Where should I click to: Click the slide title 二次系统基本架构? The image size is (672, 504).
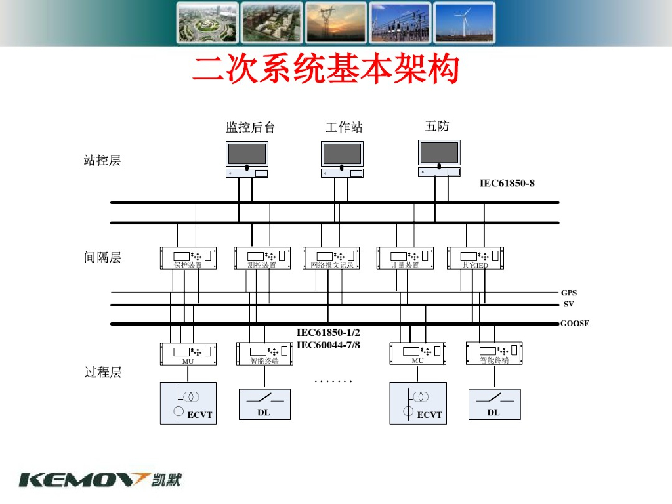(325, 70)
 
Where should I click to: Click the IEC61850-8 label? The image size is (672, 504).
(507, 183)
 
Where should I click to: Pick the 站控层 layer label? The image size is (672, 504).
(102, 160)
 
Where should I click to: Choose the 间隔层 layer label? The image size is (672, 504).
(102, 257)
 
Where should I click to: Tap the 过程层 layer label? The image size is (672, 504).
(102, 373)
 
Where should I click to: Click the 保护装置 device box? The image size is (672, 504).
(189, 258)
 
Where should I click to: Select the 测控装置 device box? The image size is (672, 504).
(262, 258)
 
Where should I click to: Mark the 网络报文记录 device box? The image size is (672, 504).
(332, 258)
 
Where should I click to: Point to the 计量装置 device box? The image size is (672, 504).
(405, 258)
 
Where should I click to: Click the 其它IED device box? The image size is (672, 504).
(475, 258)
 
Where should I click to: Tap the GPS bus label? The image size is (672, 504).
(568, 293)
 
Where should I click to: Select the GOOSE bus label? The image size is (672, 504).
(575, 324)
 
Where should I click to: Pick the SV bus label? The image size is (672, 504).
(568, 304)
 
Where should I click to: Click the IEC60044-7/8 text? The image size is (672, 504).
(328, 345)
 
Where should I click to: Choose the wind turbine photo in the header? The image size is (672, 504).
(464, 23)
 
